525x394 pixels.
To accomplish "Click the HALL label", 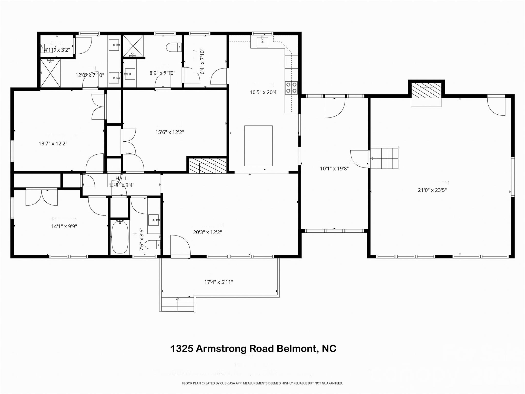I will coord(121,179).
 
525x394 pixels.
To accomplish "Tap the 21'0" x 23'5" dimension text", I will coord(432,190).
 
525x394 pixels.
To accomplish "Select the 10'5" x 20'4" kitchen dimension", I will coord(264,92).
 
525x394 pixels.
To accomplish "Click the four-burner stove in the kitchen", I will coord(291,87).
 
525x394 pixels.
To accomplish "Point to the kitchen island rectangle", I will coord(258,146).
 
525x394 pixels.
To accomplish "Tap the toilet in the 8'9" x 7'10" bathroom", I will coord(174,47).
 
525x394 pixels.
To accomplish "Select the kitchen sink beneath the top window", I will coord(262,42).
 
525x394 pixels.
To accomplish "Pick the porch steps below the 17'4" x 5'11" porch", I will coord(177,304).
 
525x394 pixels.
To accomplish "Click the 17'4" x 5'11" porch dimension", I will coord(218,282).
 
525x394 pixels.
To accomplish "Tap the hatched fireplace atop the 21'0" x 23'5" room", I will coord(426,90).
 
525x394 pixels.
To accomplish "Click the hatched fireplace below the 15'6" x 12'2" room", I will coord(208,166).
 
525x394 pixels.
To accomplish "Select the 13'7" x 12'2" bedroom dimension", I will coord(53,144).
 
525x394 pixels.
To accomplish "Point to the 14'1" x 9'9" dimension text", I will coord(64,226).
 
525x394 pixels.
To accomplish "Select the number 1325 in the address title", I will coord(181,349).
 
